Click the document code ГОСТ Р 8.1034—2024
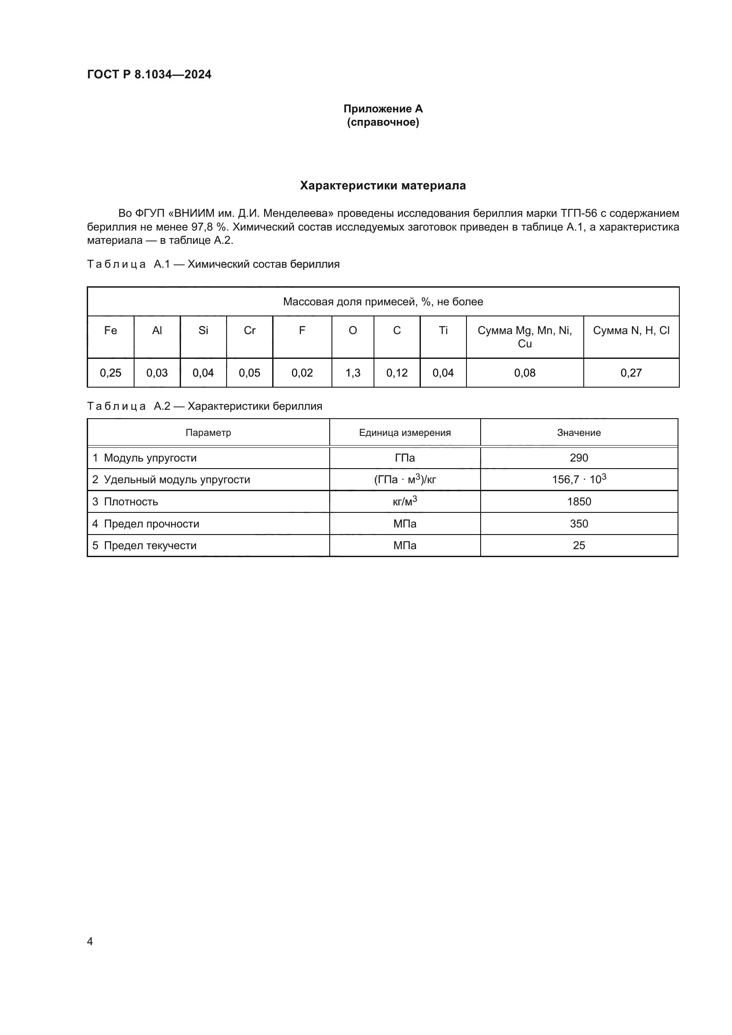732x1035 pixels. (149, 74)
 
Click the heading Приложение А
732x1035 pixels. (383, 109)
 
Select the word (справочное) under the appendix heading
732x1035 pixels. (383, 122)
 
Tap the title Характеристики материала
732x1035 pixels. (383, 186)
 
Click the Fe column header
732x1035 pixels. (111, 331)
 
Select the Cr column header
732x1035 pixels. (249, 331)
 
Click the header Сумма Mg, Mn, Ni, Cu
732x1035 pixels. (525, 337)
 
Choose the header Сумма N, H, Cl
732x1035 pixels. (631, 331)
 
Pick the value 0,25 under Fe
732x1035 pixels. (111, 373)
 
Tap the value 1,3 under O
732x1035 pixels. (352, 373)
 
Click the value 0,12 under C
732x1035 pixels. (397, 373)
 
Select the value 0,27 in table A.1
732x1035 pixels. (631, 373)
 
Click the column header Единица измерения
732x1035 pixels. (405, 433)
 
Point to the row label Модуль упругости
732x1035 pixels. (150, 458)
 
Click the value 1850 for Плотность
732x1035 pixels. (579, 502)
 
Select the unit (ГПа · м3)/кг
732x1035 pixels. (405, 479)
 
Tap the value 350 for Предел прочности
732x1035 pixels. (579, 524)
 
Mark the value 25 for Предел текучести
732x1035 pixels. (579, 546)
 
